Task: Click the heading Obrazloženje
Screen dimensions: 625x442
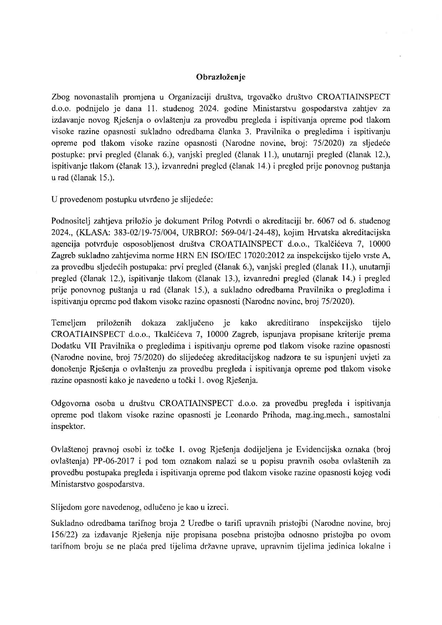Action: [x=221, y=77]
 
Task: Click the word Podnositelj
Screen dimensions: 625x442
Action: [x=71, y=221]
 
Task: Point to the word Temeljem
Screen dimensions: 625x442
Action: [x=69, y=323]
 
